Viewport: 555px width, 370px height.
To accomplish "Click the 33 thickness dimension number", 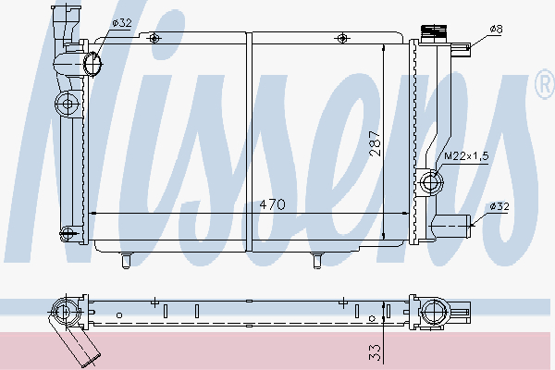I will pos(374,351).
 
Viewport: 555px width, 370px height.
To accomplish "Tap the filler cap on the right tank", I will pos(432,32).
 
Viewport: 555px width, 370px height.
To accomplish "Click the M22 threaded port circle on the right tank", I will pos(429,182).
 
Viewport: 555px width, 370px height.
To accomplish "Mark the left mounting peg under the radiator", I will pos(125,260).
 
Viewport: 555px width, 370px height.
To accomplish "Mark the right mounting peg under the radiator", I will pos(316,260).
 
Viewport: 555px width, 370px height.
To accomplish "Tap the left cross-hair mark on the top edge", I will pos(154,37).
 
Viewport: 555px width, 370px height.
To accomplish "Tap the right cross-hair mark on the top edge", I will pos(344,37).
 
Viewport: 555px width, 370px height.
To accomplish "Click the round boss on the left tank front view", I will pos(66,101).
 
